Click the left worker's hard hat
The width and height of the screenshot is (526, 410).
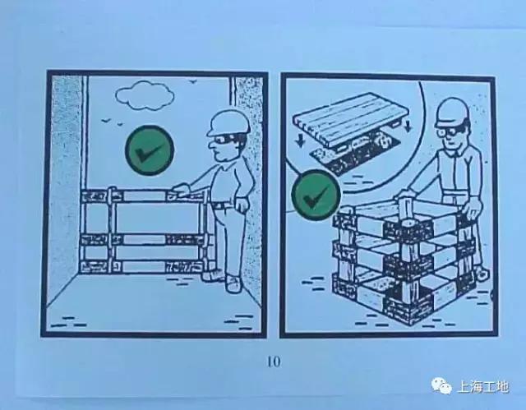click(224, 122)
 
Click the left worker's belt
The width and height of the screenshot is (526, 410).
click(222, 205)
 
